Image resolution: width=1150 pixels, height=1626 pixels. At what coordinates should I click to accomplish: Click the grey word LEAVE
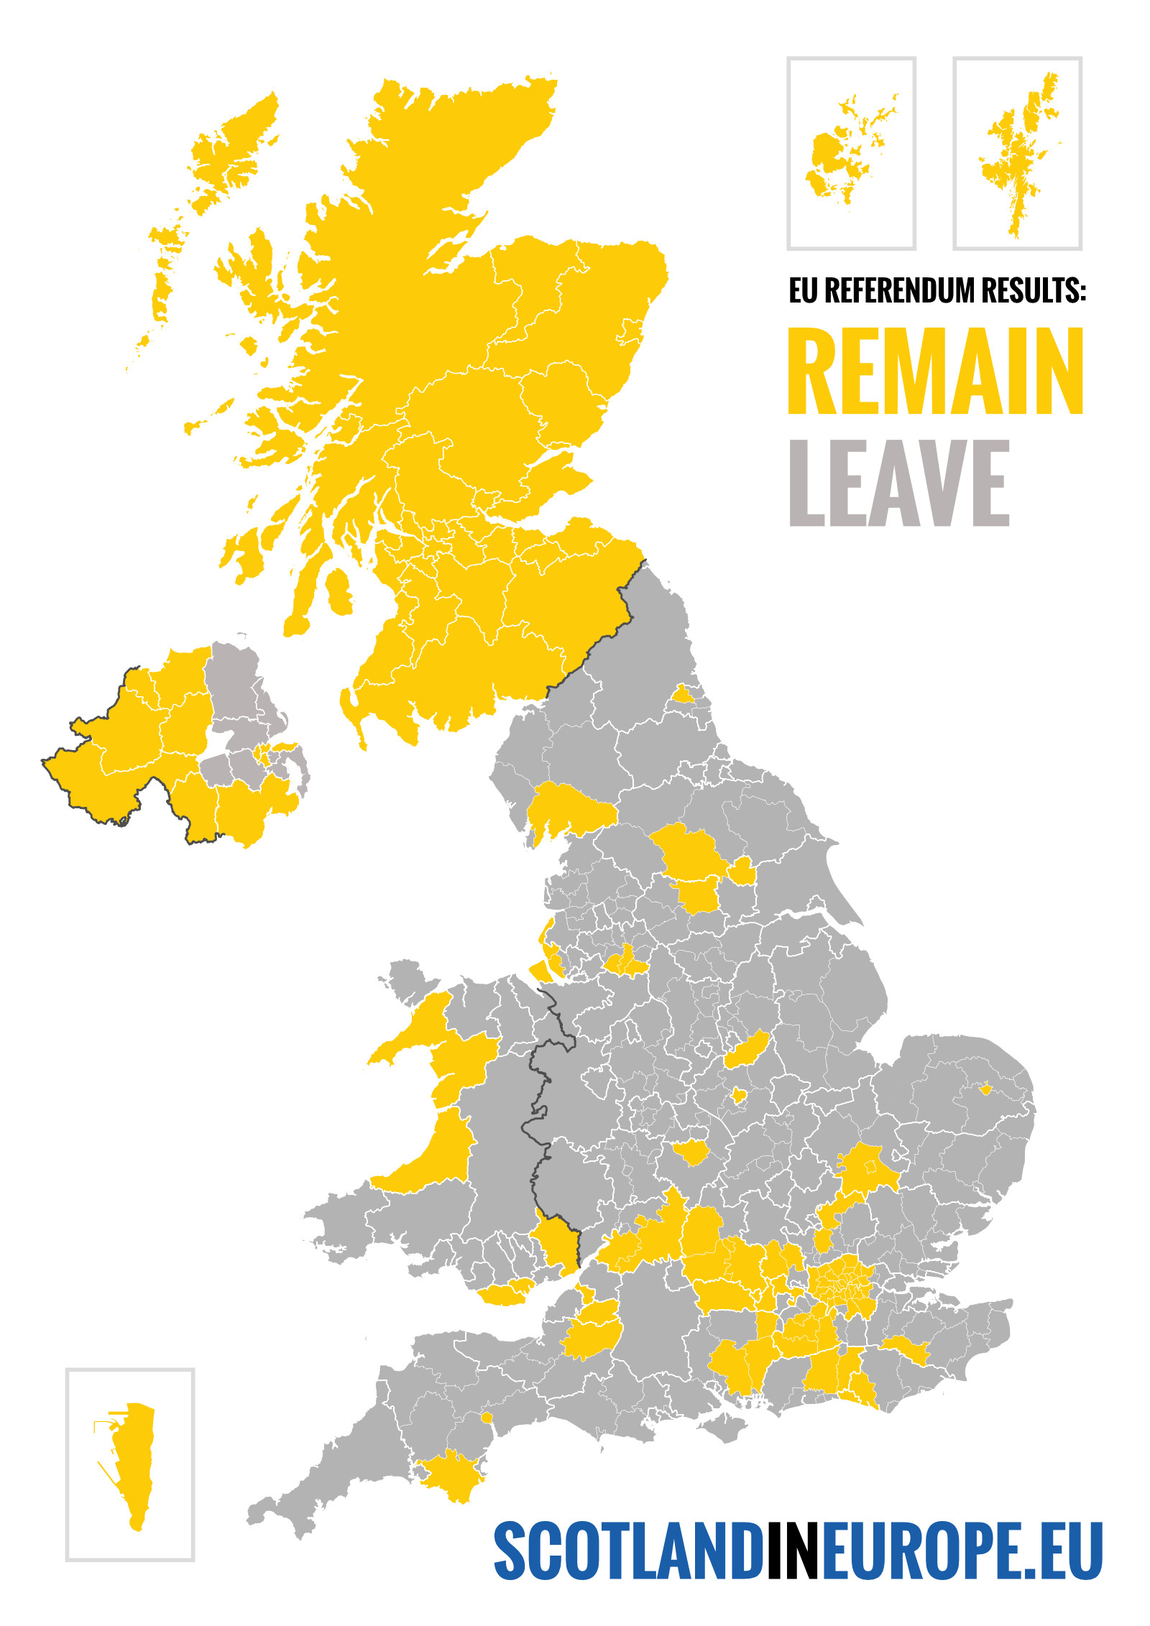click(899, 483)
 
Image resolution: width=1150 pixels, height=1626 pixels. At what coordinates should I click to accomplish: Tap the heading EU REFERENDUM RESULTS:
click(937, 290)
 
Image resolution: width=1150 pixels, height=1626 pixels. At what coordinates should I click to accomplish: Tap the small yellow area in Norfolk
click(985, 1089)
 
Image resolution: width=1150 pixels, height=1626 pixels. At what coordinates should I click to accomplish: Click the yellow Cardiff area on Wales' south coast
click(506, 1293)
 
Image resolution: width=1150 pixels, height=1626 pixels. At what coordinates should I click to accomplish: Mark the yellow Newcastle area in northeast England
click(682, 694)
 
